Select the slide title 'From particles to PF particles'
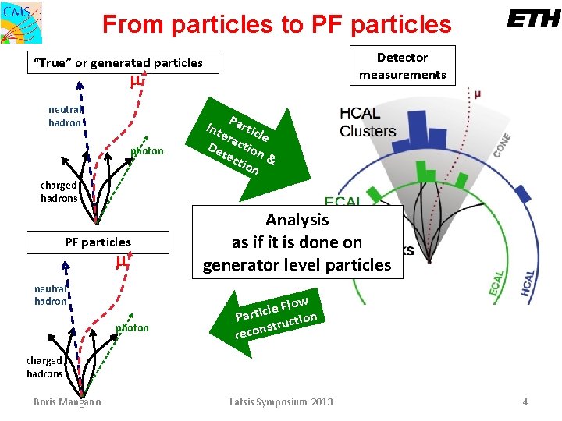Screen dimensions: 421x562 (x=276, y=24)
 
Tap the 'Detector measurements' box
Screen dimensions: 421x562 (x=402, y=66)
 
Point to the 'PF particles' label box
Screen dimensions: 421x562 (x=98, y=242)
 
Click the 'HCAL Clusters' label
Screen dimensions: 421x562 (x=368, y=122)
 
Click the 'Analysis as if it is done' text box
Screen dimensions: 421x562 (x=297, y=242)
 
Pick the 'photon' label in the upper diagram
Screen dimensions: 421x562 (x=147, y=151)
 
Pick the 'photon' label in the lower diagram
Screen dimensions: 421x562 (x=132, y=327)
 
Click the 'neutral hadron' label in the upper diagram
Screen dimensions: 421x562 (x=65, y=116)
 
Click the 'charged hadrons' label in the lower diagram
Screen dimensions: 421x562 (x=44, y=367)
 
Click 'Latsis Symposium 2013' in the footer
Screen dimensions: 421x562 (x=281, y=402)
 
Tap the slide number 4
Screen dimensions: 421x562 (x=525, y=402)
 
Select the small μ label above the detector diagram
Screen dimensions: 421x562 (x=478, y=94)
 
